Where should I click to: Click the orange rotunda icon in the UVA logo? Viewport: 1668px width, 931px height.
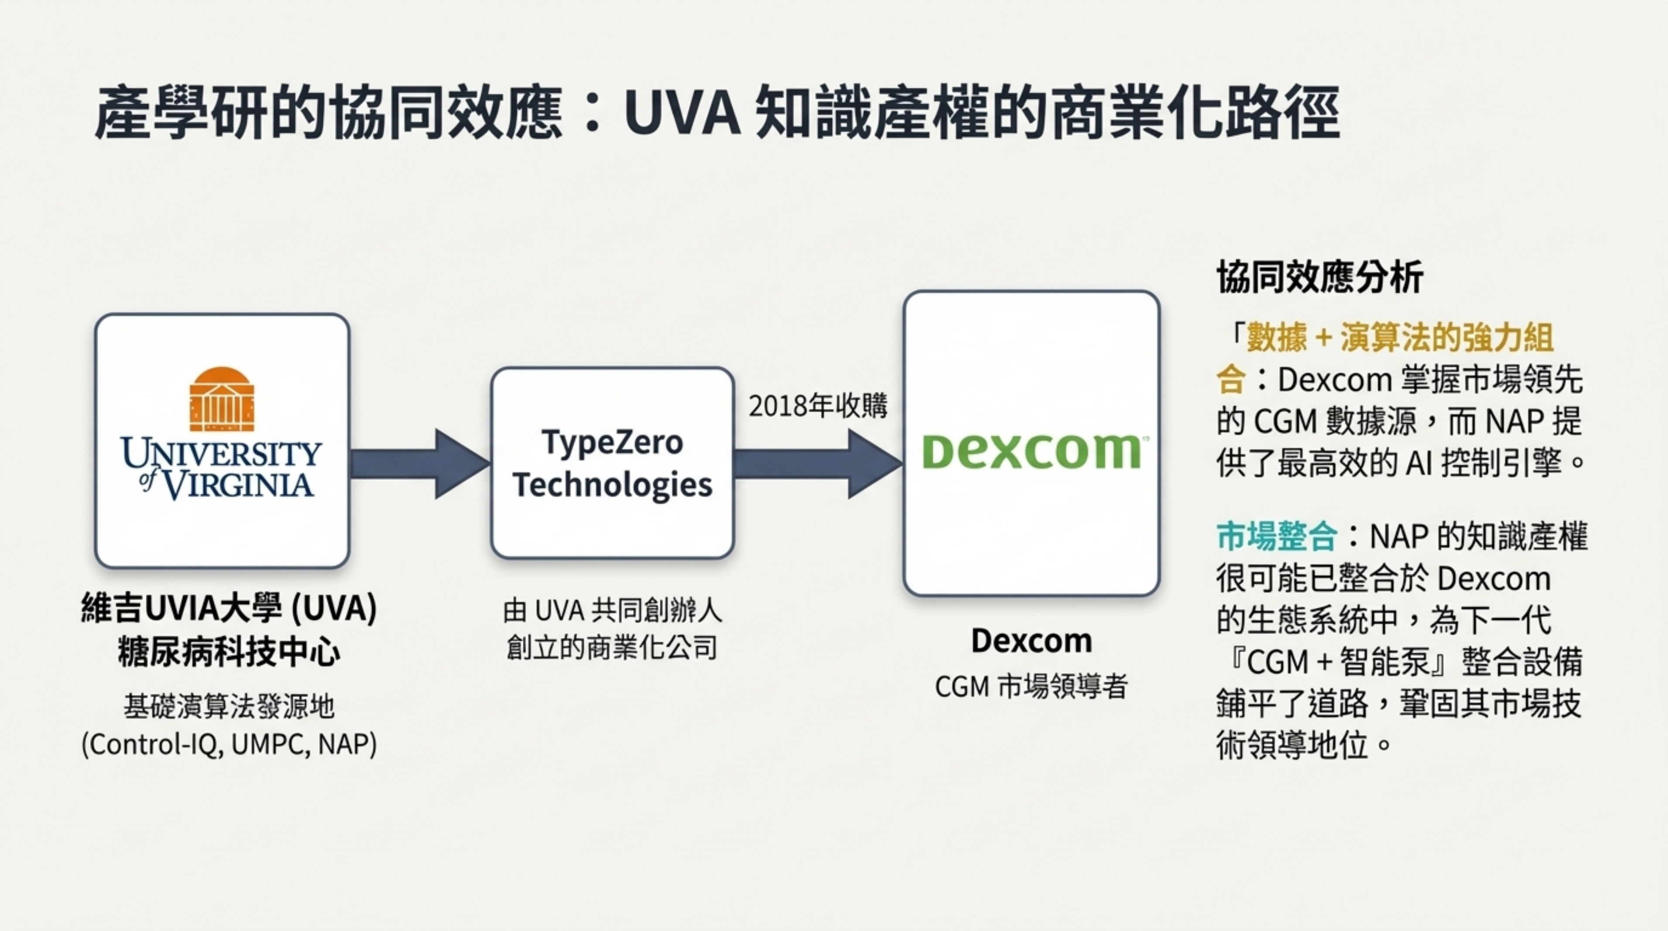click(x=222, y=399)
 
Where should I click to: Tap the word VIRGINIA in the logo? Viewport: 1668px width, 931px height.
click(x=237, y=485)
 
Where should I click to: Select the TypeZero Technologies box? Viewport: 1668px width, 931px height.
click(x=612, y=463)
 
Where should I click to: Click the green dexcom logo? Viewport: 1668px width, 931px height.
click(x=1031, y=451)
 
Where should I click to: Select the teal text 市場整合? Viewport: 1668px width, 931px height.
click(x=1276, y=537)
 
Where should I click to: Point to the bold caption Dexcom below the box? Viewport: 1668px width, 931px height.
click(x=1031, y=641)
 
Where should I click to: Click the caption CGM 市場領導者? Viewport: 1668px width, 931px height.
click(x=1031, y=686)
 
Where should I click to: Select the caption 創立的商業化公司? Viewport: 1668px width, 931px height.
click(x=612, y=647)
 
